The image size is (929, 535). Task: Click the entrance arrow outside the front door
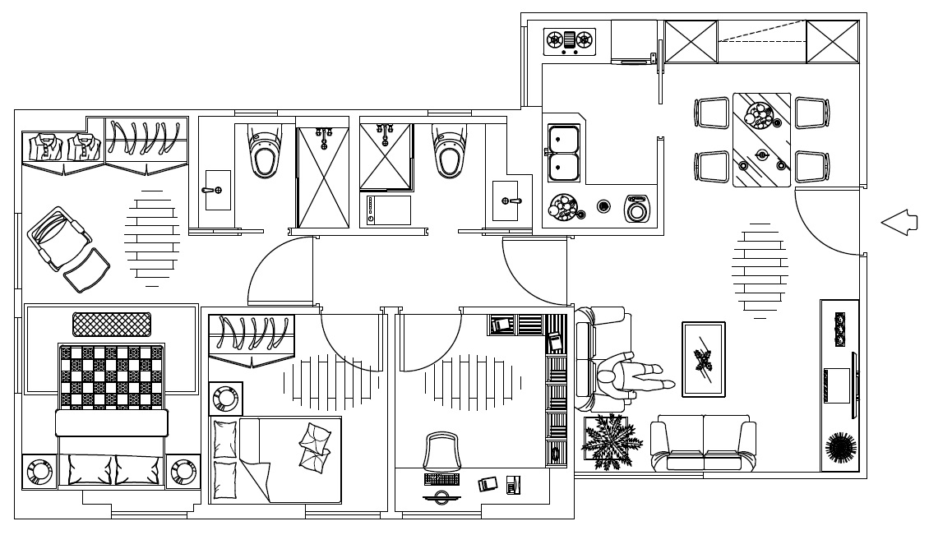tap(899, 222)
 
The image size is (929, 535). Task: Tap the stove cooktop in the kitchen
tap(570, 40)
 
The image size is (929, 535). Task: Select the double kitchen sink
tap(564, 153)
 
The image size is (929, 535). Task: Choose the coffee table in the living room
tap(703, 359)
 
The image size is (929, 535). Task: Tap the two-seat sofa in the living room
tap(703, 445)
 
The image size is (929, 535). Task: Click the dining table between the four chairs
tap(761, 139)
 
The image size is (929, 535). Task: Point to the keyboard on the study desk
tap(441, 478)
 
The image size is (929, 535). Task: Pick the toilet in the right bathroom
tap(449, 150)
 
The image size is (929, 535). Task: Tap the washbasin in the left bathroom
tap(217, 190)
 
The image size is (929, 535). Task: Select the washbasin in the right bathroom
tap(506, 200)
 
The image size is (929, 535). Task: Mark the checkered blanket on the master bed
tap(110, 376)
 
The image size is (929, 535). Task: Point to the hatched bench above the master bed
tap(112, 324)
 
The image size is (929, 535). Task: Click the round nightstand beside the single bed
tap(224, 399)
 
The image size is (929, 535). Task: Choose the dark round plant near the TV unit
tap(840, 449)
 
